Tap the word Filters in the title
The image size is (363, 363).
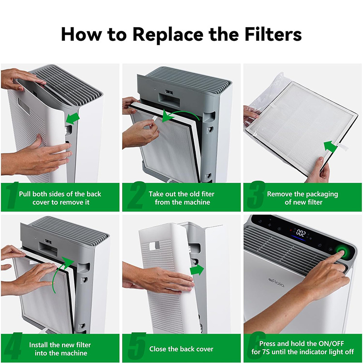(273, 34)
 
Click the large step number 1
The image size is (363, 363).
(12, 195)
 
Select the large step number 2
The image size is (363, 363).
(137, 195)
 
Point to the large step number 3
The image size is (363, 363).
(255, 195)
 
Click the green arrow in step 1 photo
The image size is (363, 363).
(73, 118)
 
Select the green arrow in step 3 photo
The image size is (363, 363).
(330, 146)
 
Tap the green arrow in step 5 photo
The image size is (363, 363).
(197, 270)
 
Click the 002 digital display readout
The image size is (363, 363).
(301, 233)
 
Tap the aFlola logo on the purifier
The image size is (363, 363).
(276, 283)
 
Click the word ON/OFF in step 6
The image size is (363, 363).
(331, 343)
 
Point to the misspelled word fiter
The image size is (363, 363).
(208, 194)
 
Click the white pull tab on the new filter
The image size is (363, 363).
(343, 147)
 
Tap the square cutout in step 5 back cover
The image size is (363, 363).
(154, 245)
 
